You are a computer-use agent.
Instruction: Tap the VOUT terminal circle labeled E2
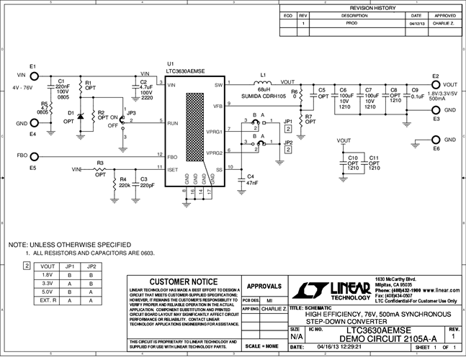click(435, 84)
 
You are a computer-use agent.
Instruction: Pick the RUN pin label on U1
click(172, 123)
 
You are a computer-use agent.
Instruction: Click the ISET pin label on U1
click(173, 169)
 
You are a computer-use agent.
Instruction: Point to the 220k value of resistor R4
click(125, 186)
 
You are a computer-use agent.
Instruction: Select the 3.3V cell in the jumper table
click(49, 284)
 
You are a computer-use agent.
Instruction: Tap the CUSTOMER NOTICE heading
click(182, 282)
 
